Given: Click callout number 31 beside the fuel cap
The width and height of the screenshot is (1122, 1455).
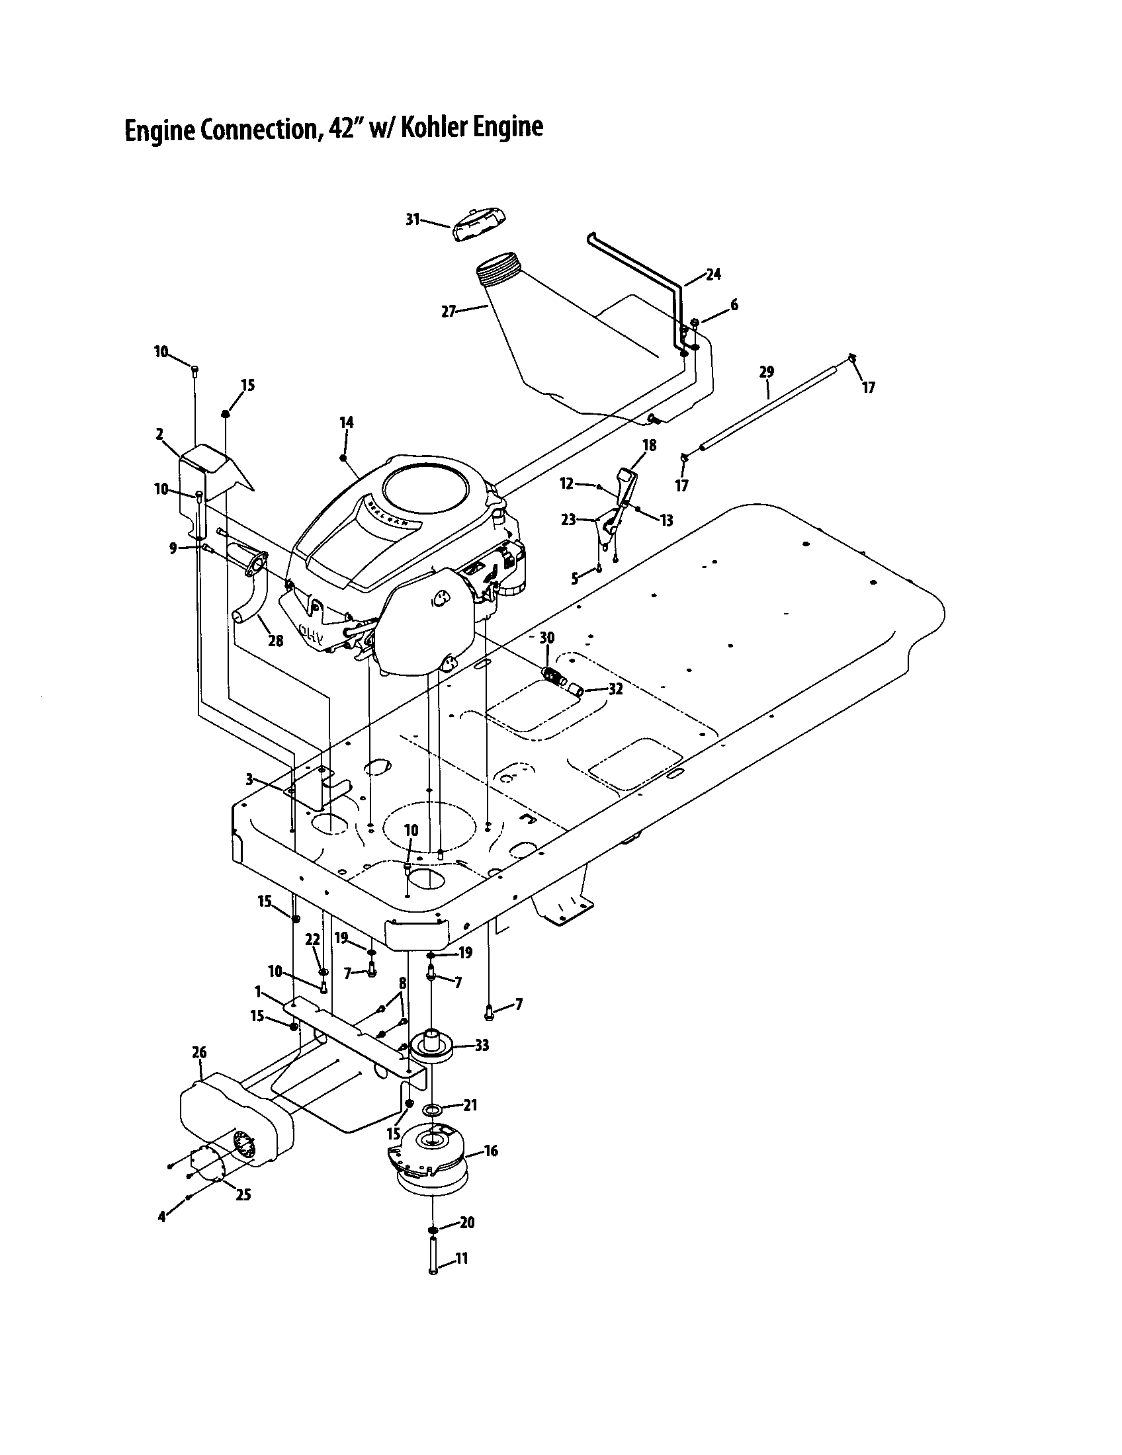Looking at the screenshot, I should pyautogui.click(x=412, y=219).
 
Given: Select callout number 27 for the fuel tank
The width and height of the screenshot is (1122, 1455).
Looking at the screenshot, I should pyautogui.click(x=449, y=310).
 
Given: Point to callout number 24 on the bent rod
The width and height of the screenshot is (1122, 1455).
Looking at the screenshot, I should pyautogui.click(x=713, y=274).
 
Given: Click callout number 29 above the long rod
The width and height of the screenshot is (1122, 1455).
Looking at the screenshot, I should pyautogui.click(x=766, y=372).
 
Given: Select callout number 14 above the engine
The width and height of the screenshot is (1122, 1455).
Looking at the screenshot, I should pyautogui.click(x=346, y=423).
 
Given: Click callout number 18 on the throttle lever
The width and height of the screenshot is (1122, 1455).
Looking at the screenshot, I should pyautogui.click(x=649, y=445).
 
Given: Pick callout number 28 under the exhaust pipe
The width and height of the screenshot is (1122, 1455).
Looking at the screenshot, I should pyautogui.click(x=275, y=641).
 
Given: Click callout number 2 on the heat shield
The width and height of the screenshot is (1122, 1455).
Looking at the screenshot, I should pyautogui.click(x=159, y=435).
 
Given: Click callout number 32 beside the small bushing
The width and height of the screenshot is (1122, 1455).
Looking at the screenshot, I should pyautogui.click(x=615, y=690).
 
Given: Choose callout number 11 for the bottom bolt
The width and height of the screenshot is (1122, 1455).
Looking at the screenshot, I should pyautogui.click(x=461, y=1259).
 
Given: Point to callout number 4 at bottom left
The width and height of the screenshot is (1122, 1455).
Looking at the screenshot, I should pyautogui.click(x=161, y=1216).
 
